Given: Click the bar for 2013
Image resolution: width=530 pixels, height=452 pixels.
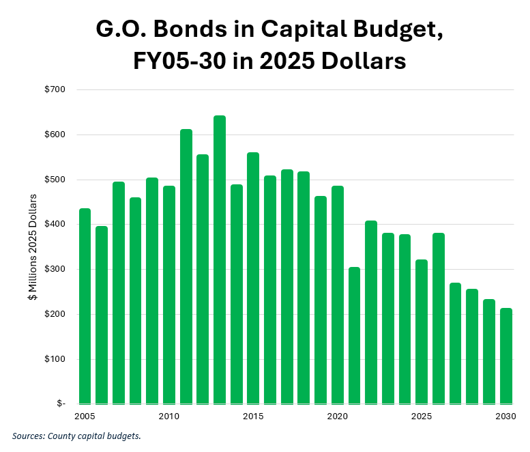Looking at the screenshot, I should (220, 259).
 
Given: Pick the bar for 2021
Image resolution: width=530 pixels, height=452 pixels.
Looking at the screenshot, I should (354, 335).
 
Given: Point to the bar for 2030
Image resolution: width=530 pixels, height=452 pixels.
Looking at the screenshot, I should (505, 356).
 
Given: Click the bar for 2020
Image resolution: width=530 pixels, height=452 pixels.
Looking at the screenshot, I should (338, 294).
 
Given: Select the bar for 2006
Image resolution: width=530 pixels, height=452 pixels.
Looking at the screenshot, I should (102, 315).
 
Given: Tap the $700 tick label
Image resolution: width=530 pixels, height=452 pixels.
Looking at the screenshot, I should (56, 89).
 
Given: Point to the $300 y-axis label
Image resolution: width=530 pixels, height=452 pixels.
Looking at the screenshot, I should (56, 269).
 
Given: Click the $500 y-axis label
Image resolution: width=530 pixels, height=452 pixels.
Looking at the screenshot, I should (56, 180).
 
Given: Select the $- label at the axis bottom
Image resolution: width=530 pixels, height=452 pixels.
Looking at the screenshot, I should (60, 404).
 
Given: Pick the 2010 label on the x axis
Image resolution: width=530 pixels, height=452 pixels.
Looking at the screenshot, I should (168, 416).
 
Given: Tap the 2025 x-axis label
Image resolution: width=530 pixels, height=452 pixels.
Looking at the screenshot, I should (422, 416).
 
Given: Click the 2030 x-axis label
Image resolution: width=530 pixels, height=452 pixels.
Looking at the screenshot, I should (505, 416).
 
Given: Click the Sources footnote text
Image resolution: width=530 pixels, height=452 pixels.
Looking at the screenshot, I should (76, 436).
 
